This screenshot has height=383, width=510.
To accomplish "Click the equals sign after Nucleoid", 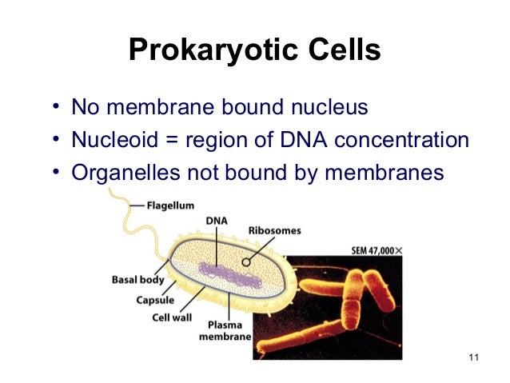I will point(172,142).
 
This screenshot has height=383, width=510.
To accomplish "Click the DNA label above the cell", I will point(216,219).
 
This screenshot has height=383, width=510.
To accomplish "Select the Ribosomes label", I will point(276,230).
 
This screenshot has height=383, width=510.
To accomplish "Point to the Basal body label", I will point(137,280).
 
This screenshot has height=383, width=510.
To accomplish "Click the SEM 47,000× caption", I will point(377,249).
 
